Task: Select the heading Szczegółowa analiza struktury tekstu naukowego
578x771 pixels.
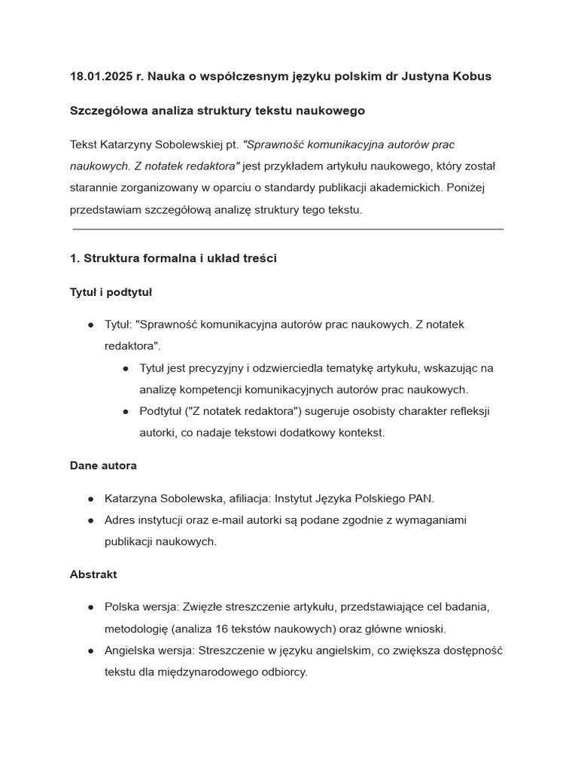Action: point(217,111)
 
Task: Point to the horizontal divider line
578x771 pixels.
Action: point(288,229)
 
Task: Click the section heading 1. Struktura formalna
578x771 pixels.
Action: point(173,258)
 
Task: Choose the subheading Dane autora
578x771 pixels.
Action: point(103,466)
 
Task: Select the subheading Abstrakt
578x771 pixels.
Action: point(93,574)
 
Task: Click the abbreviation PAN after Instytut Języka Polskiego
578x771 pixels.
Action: point(421,498)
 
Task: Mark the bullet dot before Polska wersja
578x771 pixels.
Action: point(90,607)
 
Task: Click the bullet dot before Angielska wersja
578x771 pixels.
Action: point(90,651)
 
